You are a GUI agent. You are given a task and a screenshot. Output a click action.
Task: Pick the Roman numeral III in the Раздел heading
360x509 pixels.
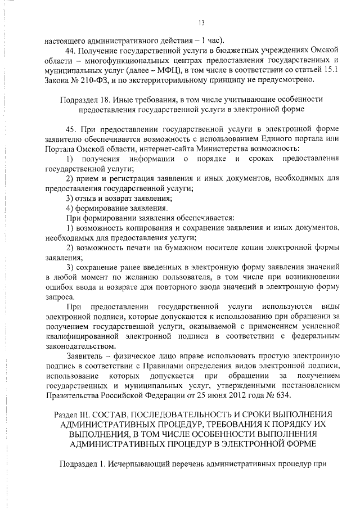coord(90,415)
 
